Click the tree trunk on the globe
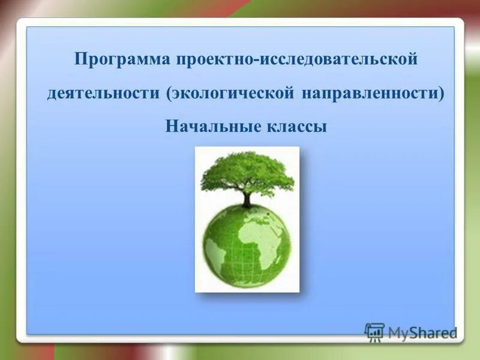[247, 199]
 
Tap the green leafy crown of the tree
[247, 171]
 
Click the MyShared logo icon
[374, 332]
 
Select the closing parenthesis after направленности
[441, 94]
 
